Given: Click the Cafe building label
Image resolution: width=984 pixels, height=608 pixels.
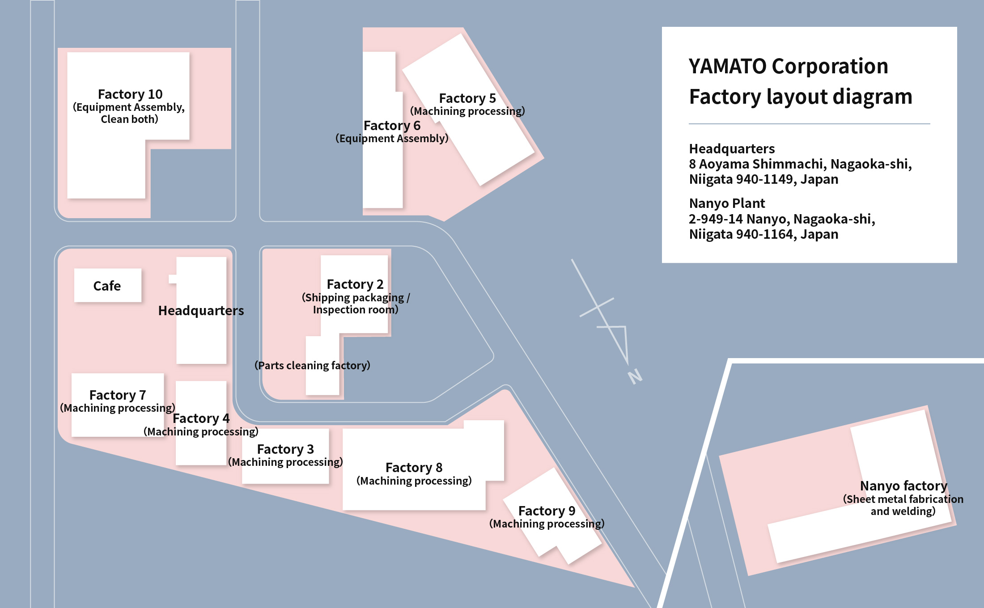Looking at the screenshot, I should click(107, 286).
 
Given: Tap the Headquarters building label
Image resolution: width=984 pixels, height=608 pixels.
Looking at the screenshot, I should click(201, 311).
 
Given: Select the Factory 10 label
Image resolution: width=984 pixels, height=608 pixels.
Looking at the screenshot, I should click(130, 94).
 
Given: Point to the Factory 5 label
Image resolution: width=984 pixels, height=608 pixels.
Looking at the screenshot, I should click(467, 98).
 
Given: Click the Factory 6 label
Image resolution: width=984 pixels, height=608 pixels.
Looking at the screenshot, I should click(392, 126).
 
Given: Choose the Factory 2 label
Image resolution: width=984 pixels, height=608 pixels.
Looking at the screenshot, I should click(355, 284).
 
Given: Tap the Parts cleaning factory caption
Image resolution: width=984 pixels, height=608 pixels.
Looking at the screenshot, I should click(312, 365).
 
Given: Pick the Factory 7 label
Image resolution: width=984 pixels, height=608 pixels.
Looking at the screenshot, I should click(118, 395).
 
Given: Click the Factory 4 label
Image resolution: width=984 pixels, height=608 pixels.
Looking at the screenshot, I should click(201, 418).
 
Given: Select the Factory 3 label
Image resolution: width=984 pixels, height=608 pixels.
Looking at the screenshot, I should click(285, 449).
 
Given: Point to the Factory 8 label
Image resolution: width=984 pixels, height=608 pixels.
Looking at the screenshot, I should click(414, 468).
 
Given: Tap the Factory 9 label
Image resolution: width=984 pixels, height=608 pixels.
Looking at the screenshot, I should click(547, 511).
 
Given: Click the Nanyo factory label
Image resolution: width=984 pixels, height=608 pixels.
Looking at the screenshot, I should click(903, 486).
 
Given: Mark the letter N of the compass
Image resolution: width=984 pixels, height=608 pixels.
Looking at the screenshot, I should click(635, 376).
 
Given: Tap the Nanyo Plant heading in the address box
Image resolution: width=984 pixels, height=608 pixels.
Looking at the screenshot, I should click(727, 203).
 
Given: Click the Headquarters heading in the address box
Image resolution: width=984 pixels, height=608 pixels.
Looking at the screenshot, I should click(732, 149).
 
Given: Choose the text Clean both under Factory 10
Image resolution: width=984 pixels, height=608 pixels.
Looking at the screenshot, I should click(129, 119).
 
